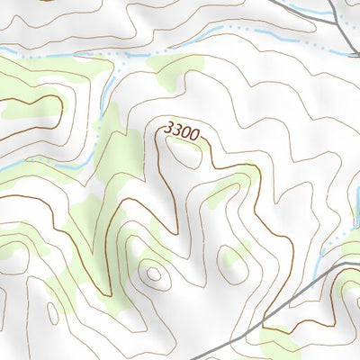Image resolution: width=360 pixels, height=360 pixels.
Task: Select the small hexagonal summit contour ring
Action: coord(152,272)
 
